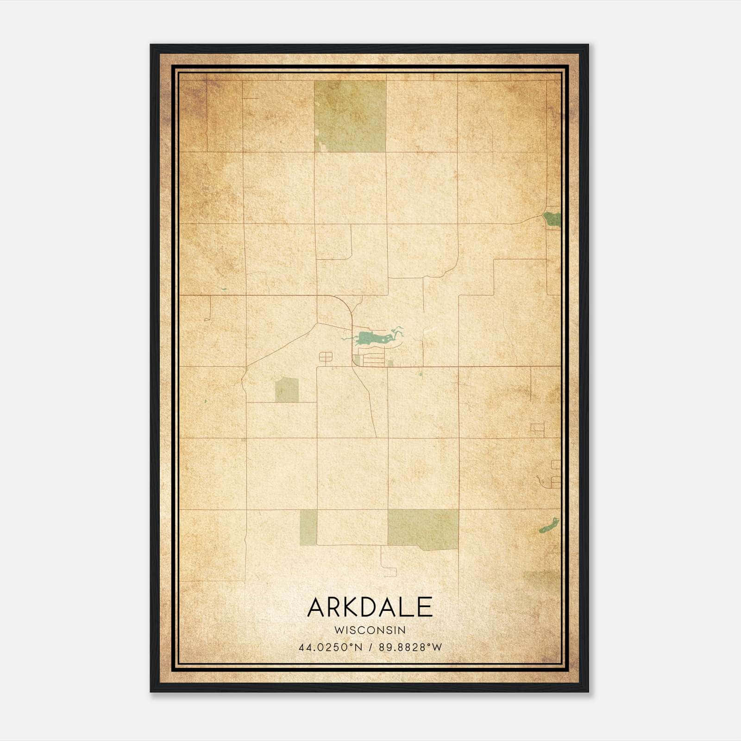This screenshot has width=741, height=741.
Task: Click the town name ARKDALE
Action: click(x=370, y=608)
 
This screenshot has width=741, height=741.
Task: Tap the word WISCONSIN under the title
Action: click(x=370, y=630)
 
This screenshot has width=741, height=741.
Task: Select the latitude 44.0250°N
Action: click(x=330, y=647)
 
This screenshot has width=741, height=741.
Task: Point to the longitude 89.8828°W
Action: click(x=410, y=647)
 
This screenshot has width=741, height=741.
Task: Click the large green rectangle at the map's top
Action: click(x=350, y=116)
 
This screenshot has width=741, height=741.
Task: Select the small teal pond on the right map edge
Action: click(x=552, y=219)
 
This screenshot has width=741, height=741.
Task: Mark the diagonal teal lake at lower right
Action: click(x=549, y=525)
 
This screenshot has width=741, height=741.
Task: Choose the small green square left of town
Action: click(x=287, y=390)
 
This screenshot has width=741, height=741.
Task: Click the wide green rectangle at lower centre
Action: click(x=422, y=529)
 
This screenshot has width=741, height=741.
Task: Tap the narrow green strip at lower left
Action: click(x=308, y=527)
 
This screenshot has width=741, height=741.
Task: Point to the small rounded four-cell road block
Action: click(x=326, y=357)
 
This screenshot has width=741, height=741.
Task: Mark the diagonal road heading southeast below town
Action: click(x=366, y=398)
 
